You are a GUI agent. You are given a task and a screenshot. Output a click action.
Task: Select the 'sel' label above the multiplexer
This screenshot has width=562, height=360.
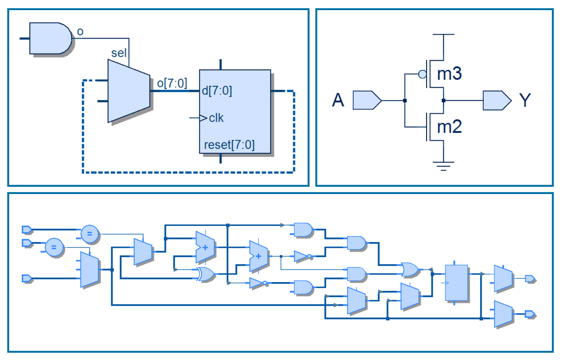coord(119,53)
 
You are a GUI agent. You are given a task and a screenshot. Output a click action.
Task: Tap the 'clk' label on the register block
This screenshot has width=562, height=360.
coord(216,118)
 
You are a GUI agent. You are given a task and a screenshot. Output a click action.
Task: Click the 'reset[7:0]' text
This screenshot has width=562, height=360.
coord(229,144)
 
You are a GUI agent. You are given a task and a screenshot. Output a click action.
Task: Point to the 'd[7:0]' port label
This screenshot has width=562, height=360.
coord(218,91)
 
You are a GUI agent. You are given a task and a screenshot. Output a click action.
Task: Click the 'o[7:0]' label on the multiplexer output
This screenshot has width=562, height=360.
coord(172,83)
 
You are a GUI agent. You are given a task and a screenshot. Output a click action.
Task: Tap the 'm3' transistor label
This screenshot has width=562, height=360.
coord(449,75)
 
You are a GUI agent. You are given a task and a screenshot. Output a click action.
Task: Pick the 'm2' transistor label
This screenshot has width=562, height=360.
coord(449,127)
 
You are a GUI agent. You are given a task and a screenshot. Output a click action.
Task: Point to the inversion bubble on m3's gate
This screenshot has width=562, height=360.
coord(422,75)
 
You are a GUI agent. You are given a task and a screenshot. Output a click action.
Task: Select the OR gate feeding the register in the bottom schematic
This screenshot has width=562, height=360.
coord(410,270)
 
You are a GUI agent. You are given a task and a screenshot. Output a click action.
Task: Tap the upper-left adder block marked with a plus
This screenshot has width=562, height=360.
coord(205,246)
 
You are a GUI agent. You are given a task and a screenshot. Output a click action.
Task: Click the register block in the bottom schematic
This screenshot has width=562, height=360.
coord(457,283)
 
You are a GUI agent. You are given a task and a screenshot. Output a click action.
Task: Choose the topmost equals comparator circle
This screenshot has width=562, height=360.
coord(89,234)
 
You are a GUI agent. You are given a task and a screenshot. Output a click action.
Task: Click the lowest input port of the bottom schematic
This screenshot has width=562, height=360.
coord(27,278)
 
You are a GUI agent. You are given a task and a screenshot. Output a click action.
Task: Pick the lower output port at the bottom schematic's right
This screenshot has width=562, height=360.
coord(531,315)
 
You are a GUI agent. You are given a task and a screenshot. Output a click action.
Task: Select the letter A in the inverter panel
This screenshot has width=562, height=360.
coord(338,101)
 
